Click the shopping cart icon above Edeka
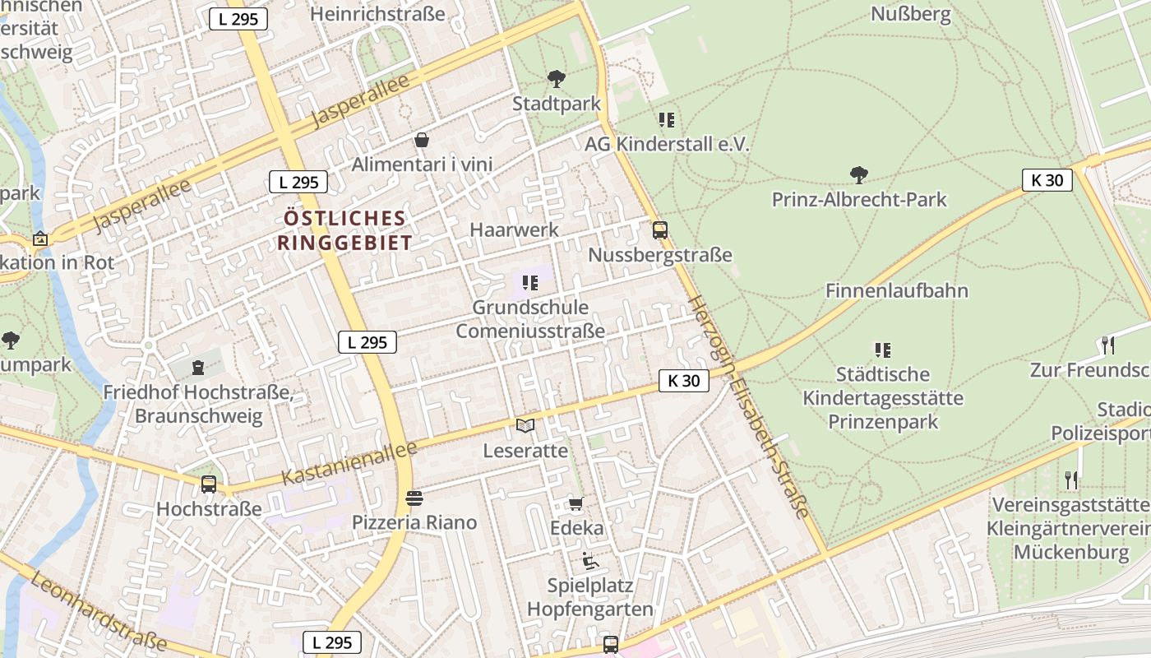575,503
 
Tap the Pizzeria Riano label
414,522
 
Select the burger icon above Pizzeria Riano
414,498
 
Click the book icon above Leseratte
525,425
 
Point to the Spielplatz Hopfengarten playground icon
590,561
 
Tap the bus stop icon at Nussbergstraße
660,230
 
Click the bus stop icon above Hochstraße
209,484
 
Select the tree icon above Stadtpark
557,79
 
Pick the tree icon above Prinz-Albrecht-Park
859,174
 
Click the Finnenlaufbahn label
897,290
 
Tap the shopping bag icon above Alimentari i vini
422,140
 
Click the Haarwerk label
514,229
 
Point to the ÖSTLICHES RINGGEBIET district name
344,230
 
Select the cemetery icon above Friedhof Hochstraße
197,367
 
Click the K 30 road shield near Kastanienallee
683,381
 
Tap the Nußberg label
910,14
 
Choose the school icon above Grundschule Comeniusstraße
530,283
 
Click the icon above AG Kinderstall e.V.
667,120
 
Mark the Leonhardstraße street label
98,609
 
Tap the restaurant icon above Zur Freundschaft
1107,345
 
